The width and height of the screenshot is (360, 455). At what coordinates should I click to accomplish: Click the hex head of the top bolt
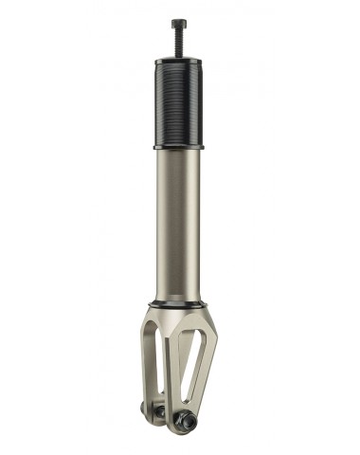(x=179, y=24)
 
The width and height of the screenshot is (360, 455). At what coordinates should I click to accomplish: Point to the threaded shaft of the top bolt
(x=179, y=44)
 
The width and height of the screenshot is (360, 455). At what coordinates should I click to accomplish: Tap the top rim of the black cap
(x=179, y=61)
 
